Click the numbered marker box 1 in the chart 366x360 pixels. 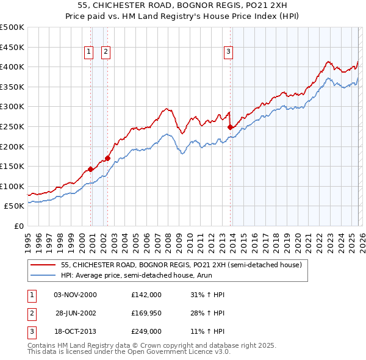point(89,52)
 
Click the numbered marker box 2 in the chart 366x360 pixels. point(106,52)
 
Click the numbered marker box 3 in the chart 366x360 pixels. point(228,52)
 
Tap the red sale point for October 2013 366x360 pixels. point(230,128)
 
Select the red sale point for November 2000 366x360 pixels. point(90,169)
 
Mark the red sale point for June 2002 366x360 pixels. point(108,159)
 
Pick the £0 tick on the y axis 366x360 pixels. point(18,226)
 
